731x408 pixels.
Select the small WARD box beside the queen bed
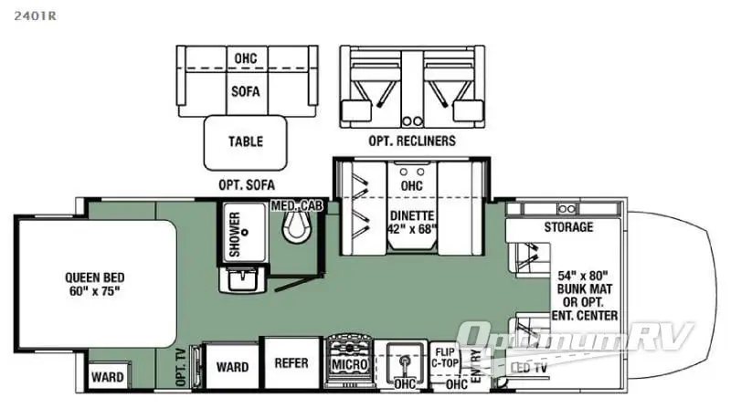point(107,375)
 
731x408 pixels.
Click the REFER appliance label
point(291,362)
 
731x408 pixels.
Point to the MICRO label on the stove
point(349,365)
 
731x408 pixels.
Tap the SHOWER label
point(234,234)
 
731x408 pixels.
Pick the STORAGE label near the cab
point(568,226)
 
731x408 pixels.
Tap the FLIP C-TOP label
point(446,358)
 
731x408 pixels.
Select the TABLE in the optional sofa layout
point(245,141)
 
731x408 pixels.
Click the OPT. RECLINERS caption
point(412,141)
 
